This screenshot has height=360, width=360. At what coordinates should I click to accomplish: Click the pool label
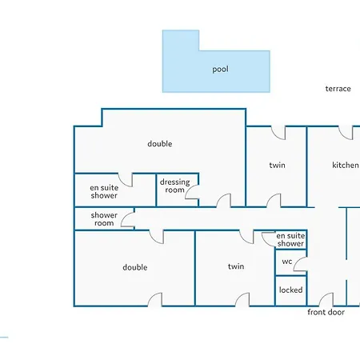click(x=220, y=70)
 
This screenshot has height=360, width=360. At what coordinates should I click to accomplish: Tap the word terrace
click(x=338, y=89)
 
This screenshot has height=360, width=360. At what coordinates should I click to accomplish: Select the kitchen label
click(x=346, y=165)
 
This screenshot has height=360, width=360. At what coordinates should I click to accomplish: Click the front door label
click(x=326, y=312)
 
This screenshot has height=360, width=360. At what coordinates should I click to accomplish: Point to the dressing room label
click(x=174, y=186)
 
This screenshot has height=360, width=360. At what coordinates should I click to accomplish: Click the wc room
click(x=291, y=262)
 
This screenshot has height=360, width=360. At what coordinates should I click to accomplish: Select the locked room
click(x=291, y=290)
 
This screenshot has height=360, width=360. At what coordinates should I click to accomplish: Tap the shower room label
click(x=104, y=219)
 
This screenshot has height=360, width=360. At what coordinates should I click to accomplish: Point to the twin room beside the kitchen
click(x=276, y=166)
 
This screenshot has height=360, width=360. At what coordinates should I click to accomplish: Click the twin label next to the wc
click(x=236, y=266)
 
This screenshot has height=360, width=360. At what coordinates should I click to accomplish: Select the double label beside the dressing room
click(x=160, y=144)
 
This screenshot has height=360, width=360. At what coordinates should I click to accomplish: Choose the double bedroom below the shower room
click(x=134, y=268)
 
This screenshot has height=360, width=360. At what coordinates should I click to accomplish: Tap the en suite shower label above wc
click(x=290, y=239)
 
